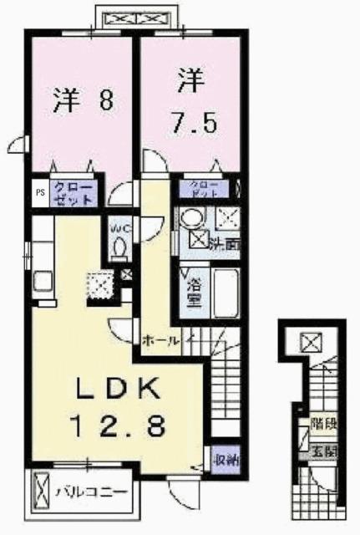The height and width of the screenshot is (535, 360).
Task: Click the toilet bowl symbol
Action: pos(119,247)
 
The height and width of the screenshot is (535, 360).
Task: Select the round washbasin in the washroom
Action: pos(190,220)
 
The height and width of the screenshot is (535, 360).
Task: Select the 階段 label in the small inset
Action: pos(325,425)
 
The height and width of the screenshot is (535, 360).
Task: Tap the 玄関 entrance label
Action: pos(324,451)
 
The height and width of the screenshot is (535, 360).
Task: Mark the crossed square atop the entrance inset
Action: pos(311,342)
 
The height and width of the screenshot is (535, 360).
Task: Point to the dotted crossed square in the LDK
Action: pos(100,284)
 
